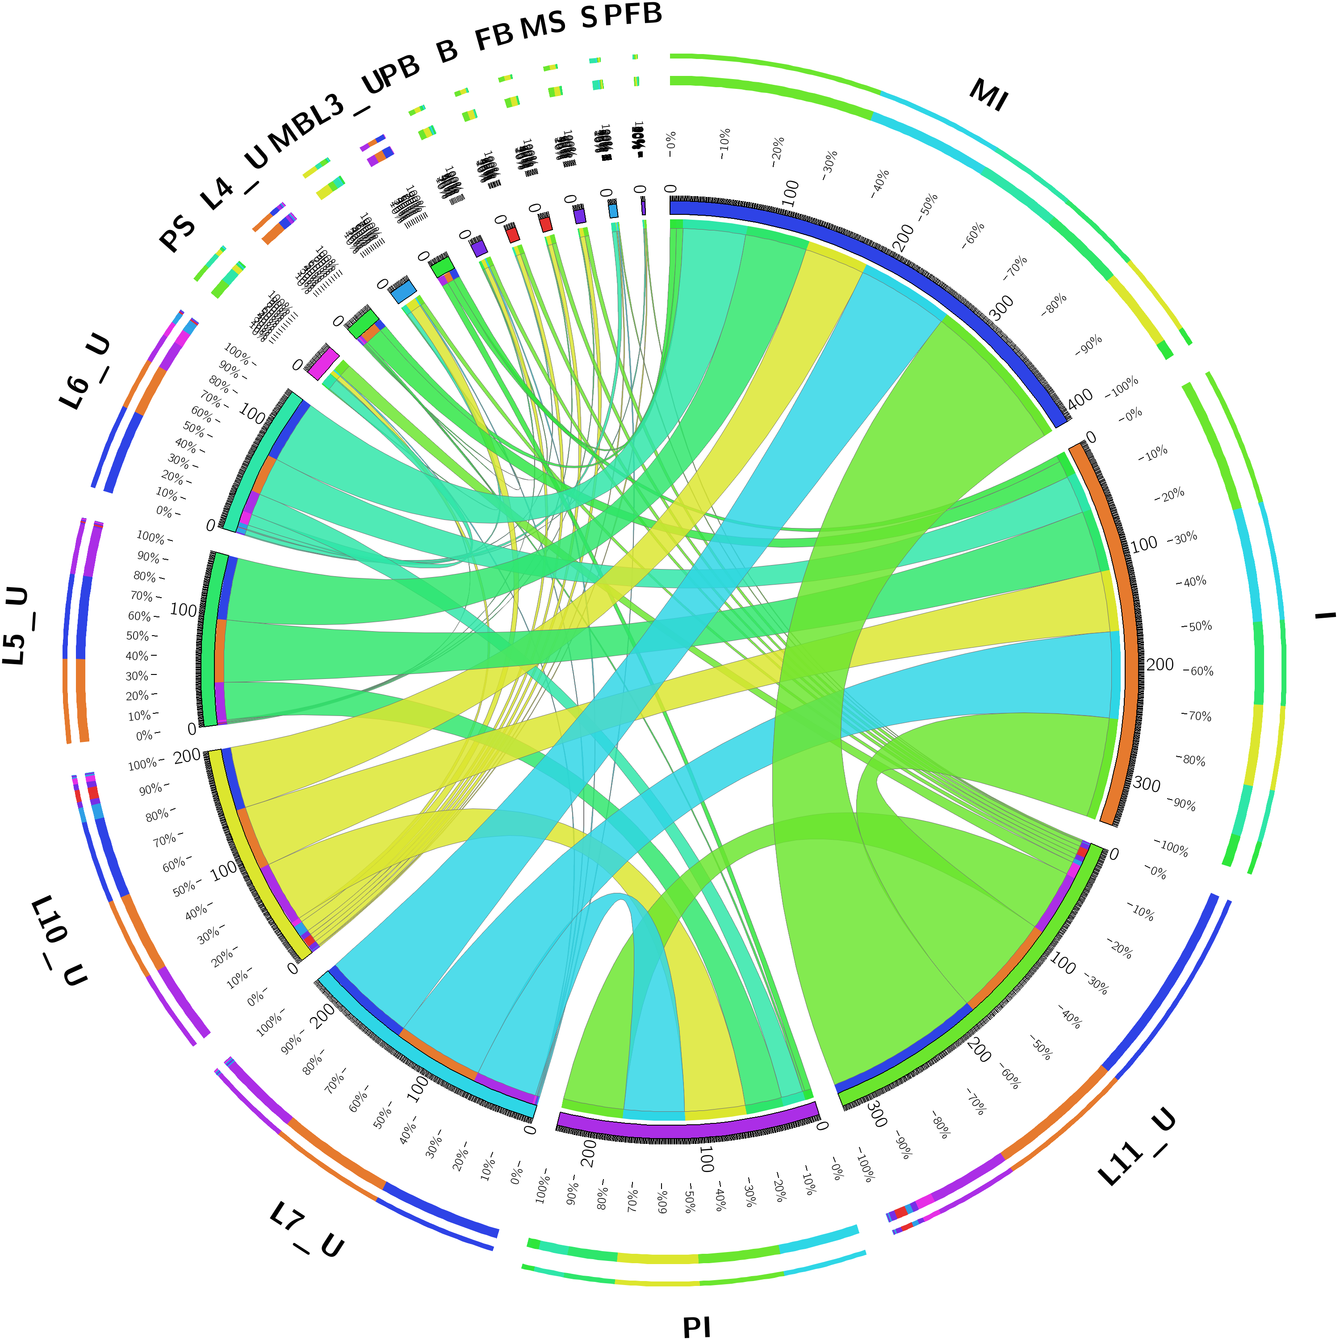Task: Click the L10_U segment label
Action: click(59, 940)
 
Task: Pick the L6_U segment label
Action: click(84, 371)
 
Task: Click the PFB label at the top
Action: click(632, 14)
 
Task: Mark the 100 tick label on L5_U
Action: click(183, 610)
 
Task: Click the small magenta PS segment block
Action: click(322, 362)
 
